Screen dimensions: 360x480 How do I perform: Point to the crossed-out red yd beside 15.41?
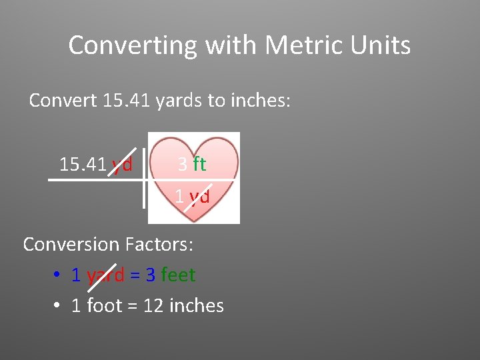(122, 164)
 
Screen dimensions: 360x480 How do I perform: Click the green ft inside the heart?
(199, 164)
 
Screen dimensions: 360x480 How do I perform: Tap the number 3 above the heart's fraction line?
(182, 164)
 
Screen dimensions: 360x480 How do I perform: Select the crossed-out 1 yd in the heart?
(193, 196)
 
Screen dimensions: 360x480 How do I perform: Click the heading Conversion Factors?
(108, 244)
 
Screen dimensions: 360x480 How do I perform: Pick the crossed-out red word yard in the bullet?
(105, 275)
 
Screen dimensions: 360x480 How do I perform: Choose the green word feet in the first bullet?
(178, 275)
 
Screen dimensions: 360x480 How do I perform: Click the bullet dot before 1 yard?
(57, 275)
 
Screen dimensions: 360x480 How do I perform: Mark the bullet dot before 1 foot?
(57, 306)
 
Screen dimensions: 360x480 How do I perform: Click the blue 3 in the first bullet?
(151, 275)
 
